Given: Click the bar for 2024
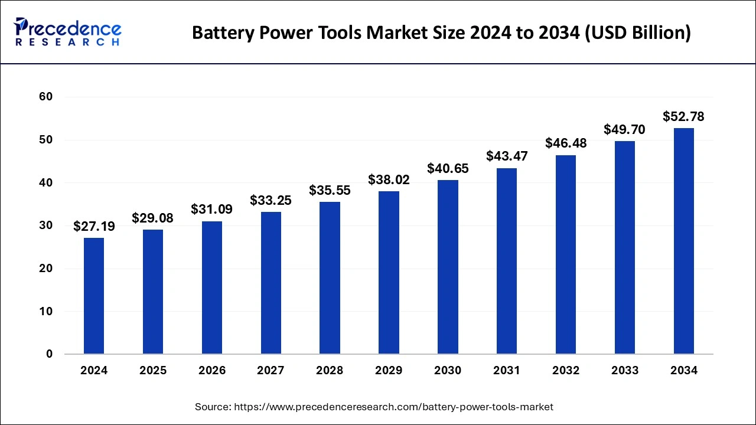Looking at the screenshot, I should [x=94, y=296].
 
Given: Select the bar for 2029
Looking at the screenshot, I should [x=389, y=273].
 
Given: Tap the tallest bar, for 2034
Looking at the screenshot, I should [x=683, y=241].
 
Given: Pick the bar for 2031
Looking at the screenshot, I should [x=507, y=261].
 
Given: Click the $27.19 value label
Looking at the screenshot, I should [x=94, y=226].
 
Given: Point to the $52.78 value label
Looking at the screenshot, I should [x=683, y=116].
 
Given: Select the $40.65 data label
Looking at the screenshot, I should [x=448, y=168].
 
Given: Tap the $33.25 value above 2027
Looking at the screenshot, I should [x=271, y=201].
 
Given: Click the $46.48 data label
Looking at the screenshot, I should [x=566, y=143].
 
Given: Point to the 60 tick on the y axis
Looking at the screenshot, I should [x=46, y=97].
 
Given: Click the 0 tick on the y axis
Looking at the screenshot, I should [x=50, y=354].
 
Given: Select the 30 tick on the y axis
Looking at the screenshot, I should [x=46, y=225].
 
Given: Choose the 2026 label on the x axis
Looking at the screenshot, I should [x=212, y=371].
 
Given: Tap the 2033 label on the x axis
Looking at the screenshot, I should [x=625, y=371].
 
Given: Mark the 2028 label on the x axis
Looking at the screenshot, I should [x=330, y=371].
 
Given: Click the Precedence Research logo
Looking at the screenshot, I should [x=68, y=32].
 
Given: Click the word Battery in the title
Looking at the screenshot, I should [x=223, y=33].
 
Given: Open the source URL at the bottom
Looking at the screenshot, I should [x=394, y=407].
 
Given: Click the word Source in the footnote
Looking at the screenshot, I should [x=213, y=407].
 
